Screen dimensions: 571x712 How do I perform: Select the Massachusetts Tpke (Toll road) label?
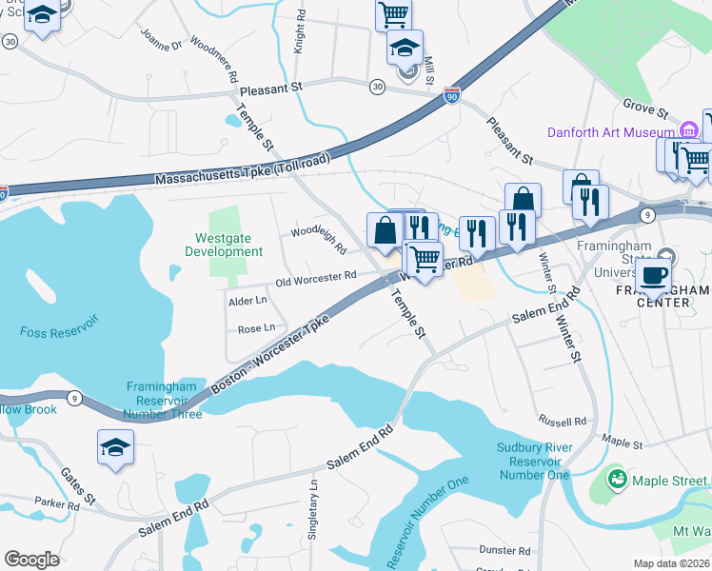(242, 169)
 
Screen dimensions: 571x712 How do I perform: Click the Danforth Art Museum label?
(610, 131)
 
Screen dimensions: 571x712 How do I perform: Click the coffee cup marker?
(653, 275)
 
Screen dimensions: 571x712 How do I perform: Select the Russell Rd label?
(562, 421)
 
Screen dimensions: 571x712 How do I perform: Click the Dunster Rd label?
(504, 550)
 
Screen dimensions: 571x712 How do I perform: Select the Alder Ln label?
(247, 300)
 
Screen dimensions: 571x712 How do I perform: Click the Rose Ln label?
(256, 327)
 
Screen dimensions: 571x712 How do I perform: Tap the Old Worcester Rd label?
(316, 277)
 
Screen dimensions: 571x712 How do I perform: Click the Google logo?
(31, 560)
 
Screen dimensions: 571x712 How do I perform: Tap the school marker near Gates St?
(116, 448)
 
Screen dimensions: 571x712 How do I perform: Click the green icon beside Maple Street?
(617, 479)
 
